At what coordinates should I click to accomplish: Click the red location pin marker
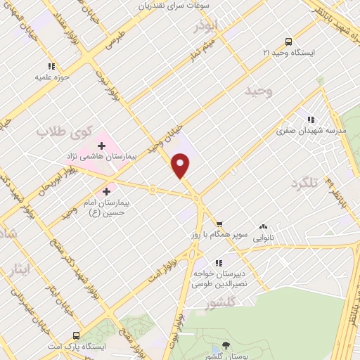coord(181,165)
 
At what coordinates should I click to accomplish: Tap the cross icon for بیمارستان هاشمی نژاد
coord(102,146)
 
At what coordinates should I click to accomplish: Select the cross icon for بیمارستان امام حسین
coord(107,191)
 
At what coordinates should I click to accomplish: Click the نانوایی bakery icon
coord(263,226)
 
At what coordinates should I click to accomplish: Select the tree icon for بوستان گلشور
coord(225,345)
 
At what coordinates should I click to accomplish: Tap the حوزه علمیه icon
coord(49,67)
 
